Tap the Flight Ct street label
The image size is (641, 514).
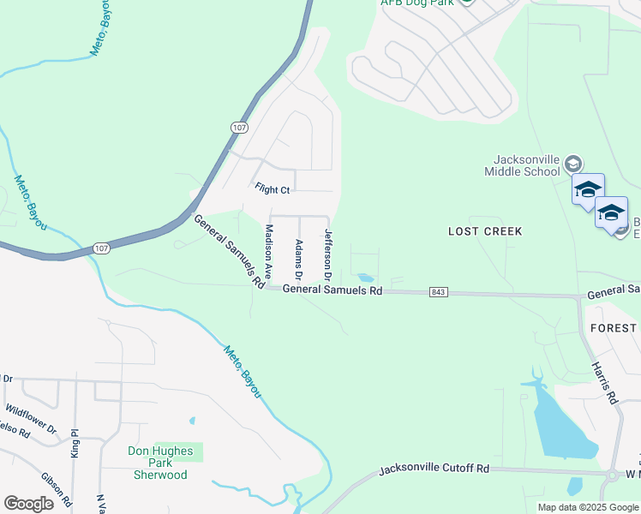point(273,187)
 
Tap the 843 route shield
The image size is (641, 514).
point(438,292)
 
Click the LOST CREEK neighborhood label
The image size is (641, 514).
point(485,231)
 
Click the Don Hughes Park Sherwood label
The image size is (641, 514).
point(158,463)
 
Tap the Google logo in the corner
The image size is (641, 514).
point(28,504)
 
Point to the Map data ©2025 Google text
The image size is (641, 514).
point(587,507)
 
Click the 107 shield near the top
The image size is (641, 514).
point(240,127)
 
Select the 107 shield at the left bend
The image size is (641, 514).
point(101,248)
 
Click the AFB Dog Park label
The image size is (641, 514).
point(417,3)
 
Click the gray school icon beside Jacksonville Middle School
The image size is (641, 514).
point(572,163)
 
